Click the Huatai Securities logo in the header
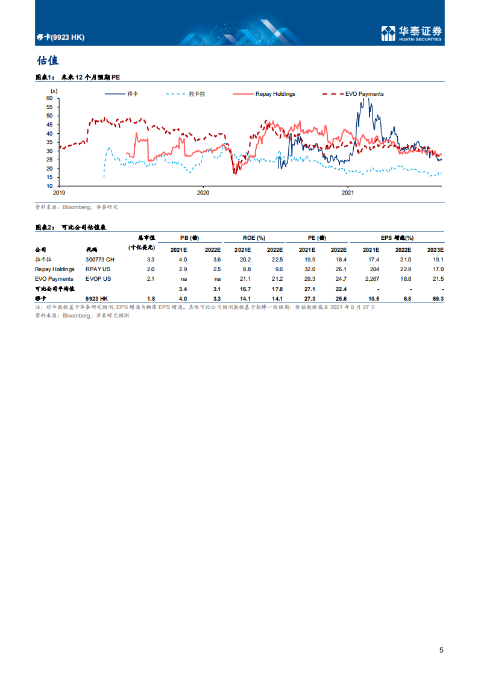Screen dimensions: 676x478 [x=412, y=34]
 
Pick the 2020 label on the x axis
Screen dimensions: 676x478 [x=203, y=193]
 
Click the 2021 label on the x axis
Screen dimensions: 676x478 [x=348, y=193]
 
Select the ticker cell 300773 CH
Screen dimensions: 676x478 [x=100, y=259]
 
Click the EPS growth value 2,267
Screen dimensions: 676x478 [x=370, y=279]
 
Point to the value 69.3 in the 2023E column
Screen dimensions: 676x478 [x=438, y=299]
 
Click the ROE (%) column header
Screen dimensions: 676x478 [x=257, y=238]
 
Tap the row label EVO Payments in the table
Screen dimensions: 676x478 [x=54, y=279]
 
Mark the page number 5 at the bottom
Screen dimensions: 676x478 [x=441, y=649]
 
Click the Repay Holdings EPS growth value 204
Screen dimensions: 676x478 [x=374, y=269]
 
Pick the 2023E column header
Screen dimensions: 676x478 [x=435, y=249]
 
